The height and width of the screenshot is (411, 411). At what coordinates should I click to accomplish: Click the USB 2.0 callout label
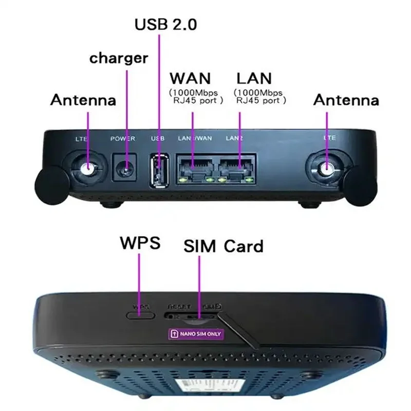(165, 24)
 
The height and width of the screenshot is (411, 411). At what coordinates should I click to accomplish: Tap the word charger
(119, 58)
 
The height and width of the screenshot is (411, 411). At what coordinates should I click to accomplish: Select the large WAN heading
(190, 79)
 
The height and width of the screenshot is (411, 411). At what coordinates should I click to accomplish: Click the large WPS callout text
(140, 243)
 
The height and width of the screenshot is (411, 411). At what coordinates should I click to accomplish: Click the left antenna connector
(88, 167)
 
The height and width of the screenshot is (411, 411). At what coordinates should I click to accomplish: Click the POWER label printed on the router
(123, 139)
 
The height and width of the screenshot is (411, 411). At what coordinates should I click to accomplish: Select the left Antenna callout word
(83, 100)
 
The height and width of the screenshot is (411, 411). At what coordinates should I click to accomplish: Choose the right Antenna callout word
(346, 100)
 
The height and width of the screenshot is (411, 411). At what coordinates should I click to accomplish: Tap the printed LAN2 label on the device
(234, 139)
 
